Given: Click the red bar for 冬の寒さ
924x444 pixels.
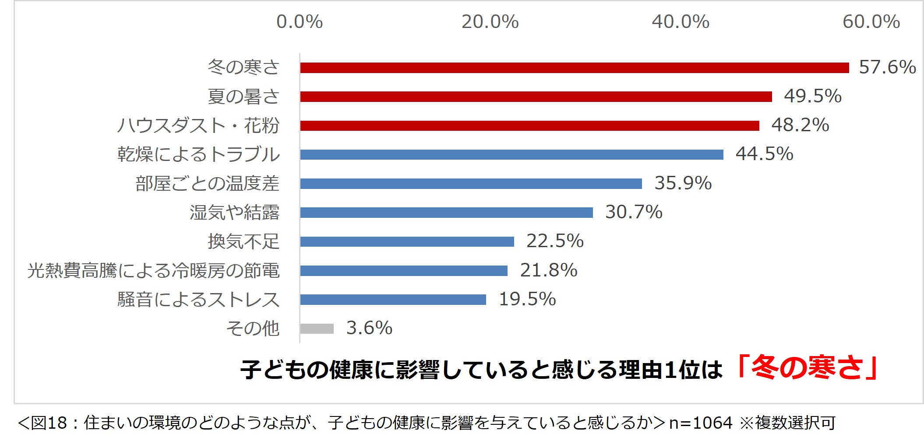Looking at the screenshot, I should tap(574, 68).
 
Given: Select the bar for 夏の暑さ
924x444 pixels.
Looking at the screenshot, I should tap(536, 97).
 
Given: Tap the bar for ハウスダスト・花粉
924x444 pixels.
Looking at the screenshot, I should tap(529, 126).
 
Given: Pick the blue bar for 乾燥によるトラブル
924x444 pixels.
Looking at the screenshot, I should tap(511, 154).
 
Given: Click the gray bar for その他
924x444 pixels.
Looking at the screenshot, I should tap(317, 329).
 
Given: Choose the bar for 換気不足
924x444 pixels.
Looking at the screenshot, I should tap(407, 241).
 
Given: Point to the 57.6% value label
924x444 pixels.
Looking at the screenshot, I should tap(887, 67).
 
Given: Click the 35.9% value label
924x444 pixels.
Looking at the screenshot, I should tap(683, 183).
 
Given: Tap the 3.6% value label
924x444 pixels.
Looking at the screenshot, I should tap(369, 328).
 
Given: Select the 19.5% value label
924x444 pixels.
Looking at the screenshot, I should tap(527, 299).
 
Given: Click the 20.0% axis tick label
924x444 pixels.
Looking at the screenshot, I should tap(490, 22).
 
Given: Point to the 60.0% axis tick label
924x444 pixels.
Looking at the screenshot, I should tap(871, 22).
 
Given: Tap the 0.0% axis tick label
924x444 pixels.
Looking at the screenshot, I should tap(300, 22).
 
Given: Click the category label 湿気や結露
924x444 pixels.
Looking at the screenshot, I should tap(234, 213).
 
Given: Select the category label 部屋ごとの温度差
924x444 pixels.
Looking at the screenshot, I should tap(207, 184).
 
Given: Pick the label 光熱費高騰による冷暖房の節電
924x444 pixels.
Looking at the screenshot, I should tap(153, 271).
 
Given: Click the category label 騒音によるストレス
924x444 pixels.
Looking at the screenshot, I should tap(198, 300).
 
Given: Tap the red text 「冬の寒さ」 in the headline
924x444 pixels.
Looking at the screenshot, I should tap(807, 367).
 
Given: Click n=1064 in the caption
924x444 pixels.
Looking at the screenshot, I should tap(701, 423).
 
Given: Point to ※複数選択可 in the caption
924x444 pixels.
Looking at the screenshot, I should tap(787, 423).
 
